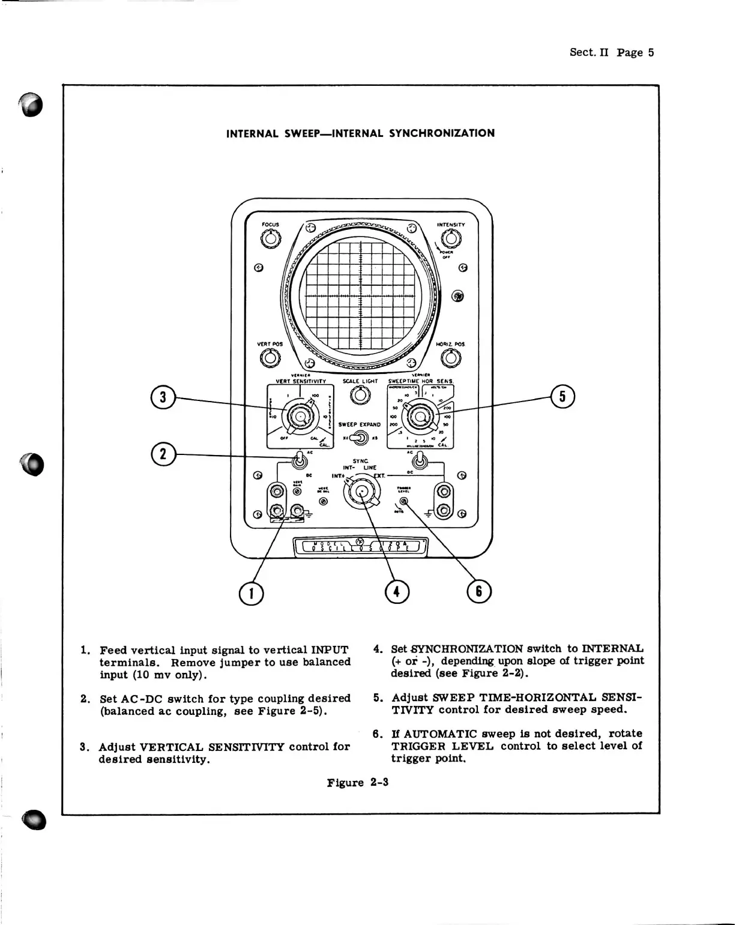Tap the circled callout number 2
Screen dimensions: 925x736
(163, 453)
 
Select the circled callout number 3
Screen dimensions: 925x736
(163, 397)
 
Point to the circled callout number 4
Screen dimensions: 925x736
(396, 592)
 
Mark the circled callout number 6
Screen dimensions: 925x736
(478, 592)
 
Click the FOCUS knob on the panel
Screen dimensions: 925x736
(270, 239)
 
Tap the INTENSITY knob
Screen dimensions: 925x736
(451, 239)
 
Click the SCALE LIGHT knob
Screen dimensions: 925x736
(360, 396)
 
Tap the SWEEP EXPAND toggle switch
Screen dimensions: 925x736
(360, 438)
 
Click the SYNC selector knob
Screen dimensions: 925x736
(361, 492)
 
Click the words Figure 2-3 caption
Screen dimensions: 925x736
(358, 783)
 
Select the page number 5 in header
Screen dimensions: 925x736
(651, 52)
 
